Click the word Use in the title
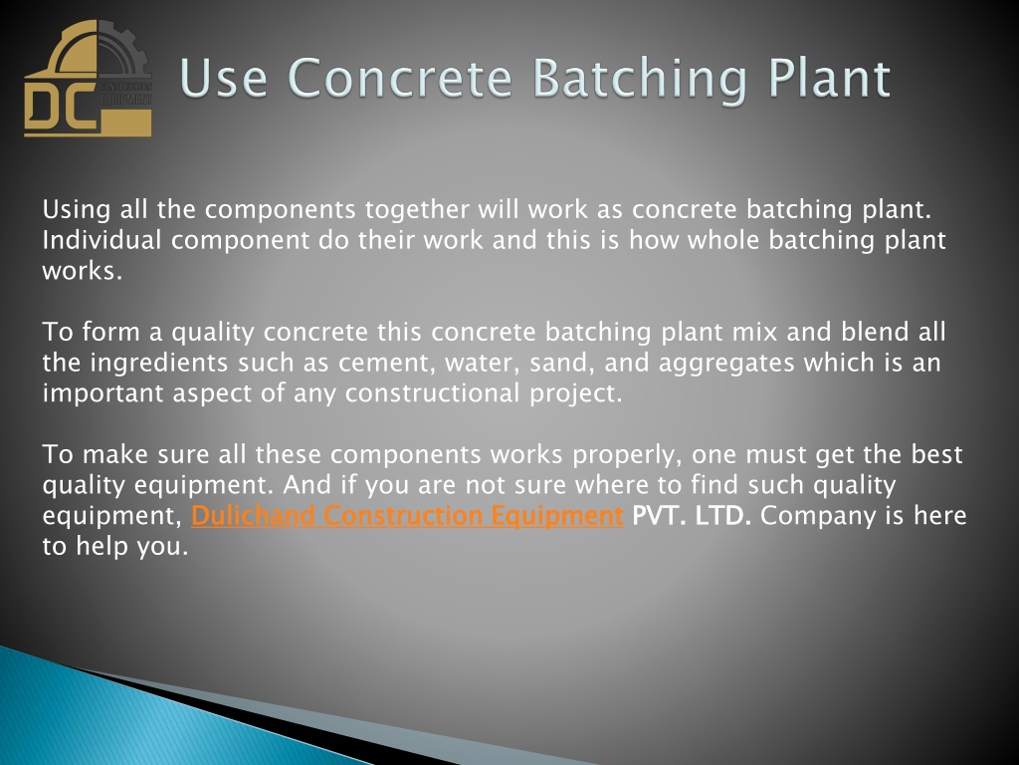click(x=224, y=78)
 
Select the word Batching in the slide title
click(x=640, y=79)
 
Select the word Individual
click(x=102, y=240)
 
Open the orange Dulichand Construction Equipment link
click(x=407, y=516)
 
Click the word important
click(x=102, y=393)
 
